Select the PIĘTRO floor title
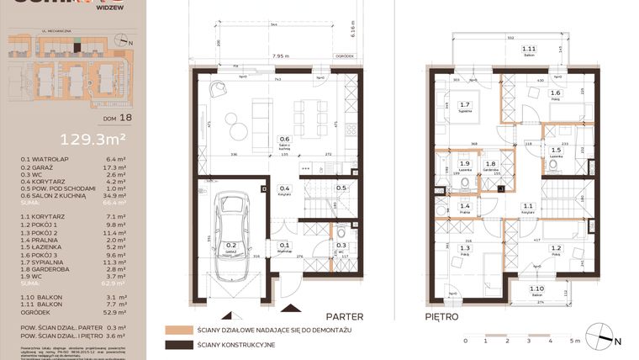click(x=442, y=317)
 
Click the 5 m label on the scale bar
click(x=572, y=341)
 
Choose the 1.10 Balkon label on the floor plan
click(x=536, y=290)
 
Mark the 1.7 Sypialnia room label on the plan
click(x=465, y=106)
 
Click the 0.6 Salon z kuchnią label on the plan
click(x=284, y=141)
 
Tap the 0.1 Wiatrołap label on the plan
click(x=284, y=246)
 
